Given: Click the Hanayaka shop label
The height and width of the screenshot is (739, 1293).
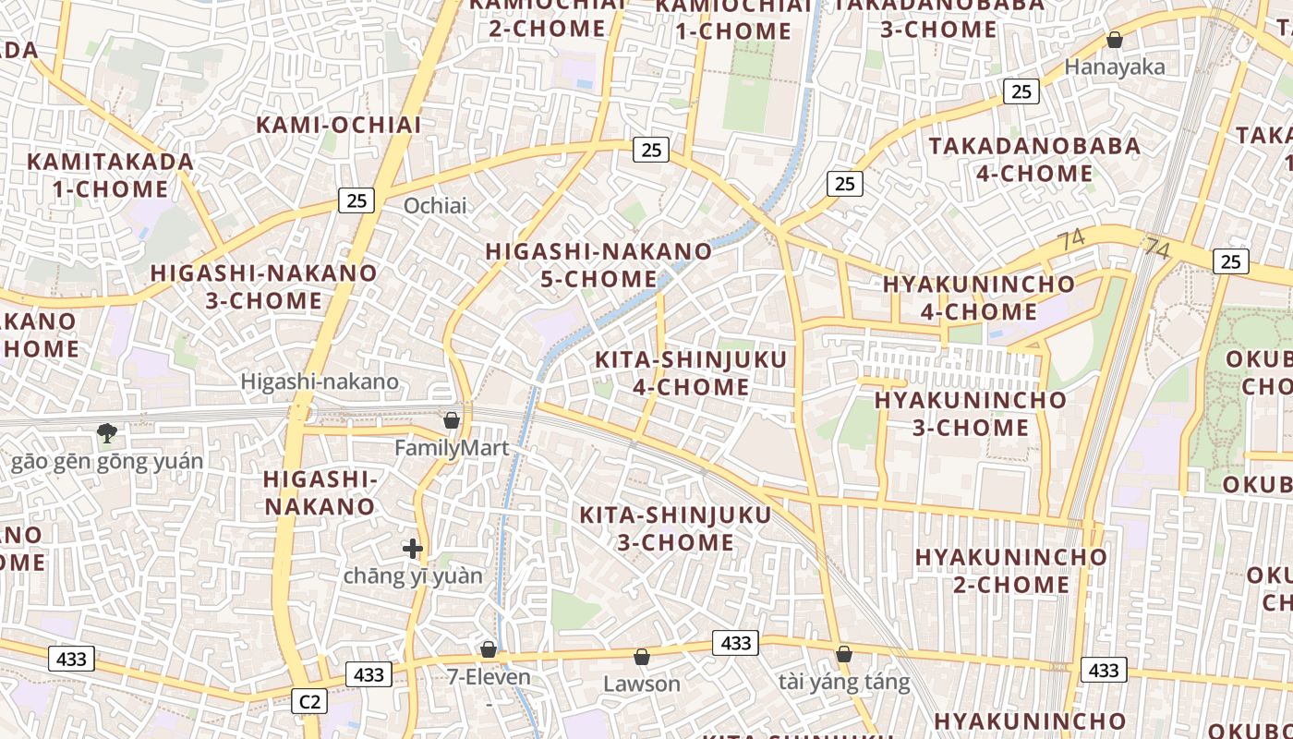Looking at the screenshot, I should click(1115, 67).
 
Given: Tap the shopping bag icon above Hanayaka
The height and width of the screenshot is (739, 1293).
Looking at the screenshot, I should click(1115, 40).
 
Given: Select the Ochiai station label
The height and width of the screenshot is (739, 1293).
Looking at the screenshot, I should click(435, 205).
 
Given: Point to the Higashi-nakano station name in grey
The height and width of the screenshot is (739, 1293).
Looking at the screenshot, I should click(320, 381).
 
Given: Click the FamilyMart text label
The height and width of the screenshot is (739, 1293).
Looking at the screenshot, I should click(452, 448).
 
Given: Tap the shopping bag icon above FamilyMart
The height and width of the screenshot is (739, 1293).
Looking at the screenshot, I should click(452, 420).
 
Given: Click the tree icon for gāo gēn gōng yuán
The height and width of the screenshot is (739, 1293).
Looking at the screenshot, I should click(107, 431).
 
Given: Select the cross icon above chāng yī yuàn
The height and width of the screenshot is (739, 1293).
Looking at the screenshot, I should click(413, 549).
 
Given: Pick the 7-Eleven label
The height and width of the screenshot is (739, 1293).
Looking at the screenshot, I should click(489, 676).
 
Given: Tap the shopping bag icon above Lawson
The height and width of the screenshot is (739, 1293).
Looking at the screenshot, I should click(641, 657).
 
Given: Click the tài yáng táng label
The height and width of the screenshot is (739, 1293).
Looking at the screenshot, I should click(844, 682).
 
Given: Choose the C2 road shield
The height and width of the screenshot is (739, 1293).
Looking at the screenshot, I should click(309, 701).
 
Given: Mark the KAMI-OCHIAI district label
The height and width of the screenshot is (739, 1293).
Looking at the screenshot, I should click(338, 125).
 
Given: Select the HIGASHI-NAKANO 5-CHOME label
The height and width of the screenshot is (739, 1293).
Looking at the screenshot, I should click(598, 265).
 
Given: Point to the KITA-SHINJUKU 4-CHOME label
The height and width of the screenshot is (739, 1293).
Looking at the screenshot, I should click(691, 373).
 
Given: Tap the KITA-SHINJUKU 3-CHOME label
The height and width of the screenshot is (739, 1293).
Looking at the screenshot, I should click(675, 528).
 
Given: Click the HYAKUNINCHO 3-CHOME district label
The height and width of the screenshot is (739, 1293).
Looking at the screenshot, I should click(970, 414).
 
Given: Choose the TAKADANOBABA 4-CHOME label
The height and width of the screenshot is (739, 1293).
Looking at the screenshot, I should click(1034, 160).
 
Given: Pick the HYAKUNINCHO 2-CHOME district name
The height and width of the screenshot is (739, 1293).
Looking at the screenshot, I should click(1010, 571).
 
